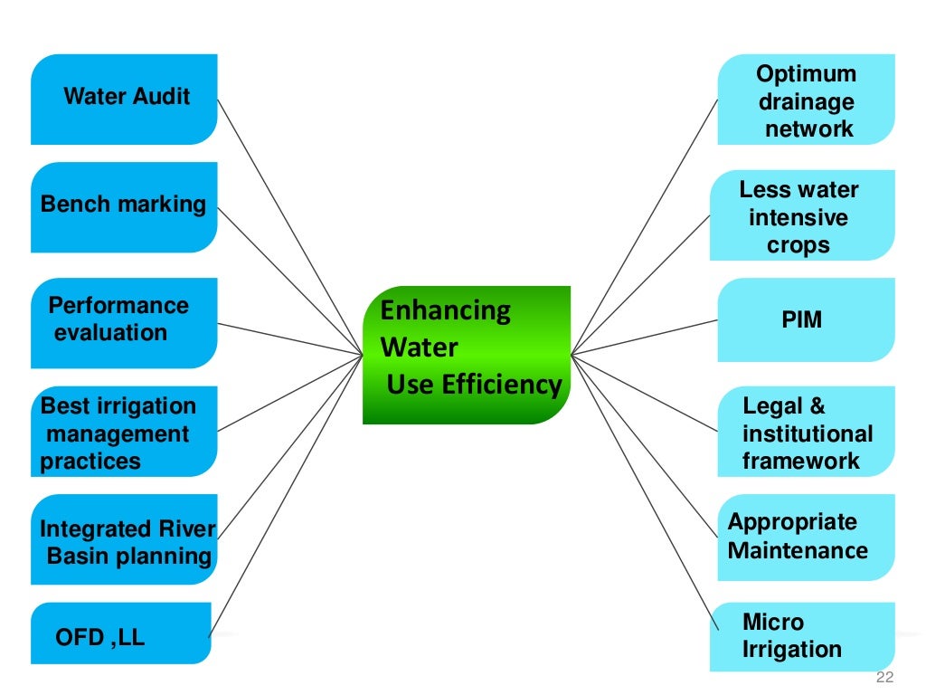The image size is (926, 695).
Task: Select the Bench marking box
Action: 124,206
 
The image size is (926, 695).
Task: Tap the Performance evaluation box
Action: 124,322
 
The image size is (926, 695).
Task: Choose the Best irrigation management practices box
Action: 124,433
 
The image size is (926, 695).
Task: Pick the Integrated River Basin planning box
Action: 124,540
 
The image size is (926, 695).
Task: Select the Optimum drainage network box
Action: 806,100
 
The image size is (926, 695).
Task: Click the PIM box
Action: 806,319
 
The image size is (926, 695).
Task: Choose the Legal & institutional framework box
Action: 806,433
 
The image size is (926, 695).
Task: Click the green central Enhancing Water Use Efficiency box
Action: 467,355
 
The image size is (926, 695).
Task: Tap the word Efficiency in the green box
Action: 502,385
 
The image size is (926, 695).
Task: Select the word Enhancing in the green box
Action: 445,310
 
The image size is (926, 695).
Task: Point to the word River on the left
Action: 185,528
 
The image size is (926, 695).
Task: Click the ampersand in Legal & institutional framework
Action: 817,407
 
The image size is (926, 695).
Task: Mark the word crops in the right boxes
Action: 798,245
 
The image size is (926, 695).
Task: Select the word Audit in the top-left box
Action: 159,97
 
